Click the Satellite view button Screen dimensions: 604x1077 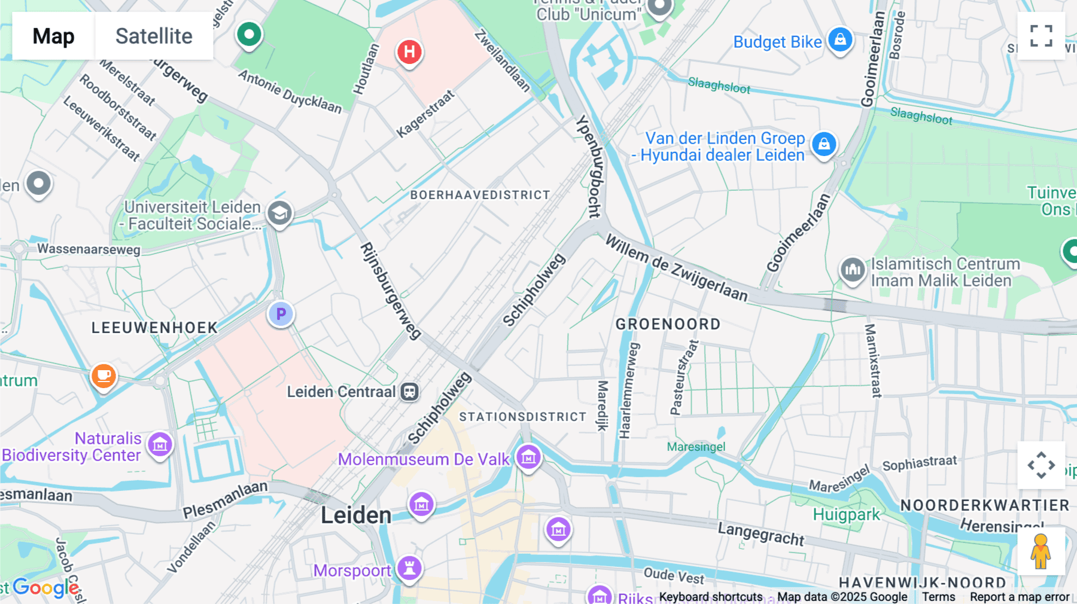(154, 36)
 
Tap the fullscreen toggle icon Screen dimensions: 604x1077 (1041, 36)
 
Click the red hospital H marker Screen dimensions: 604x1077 (409, 52)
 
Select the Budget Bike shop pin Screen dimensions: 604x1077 (840, 39)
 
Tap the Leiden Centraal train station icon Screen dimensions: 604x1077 (409, 392)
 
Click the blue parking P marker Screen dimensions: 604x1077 (281, 314)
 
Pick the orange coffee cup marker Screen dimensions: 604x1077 (104, 376)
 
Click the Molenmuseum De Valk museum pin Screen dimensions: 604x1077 (528, 458)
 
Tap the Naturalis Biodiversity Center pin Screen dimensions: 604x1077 (160, 445)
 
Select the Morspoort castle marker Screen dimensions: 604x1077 (410, 568)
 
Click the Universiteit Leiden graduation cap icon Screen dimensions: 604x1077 (279, 213)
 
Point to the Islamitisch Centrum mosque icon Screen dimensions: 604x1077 (853, 270)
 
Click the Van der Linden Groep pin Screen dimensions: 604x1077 (824, 144)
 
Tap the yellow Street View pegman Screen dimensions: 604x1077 (1041, 551)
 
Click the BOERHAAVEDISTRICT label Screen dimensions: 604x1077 (480, 195)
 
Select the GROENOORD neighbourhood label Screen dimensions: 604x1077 (668, 324)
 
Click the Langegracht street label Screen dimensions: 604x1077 (761, 533)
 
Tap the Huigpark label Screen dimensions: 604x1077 (846, 514)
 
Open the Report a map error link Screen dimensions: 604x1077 (1019, 597)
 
